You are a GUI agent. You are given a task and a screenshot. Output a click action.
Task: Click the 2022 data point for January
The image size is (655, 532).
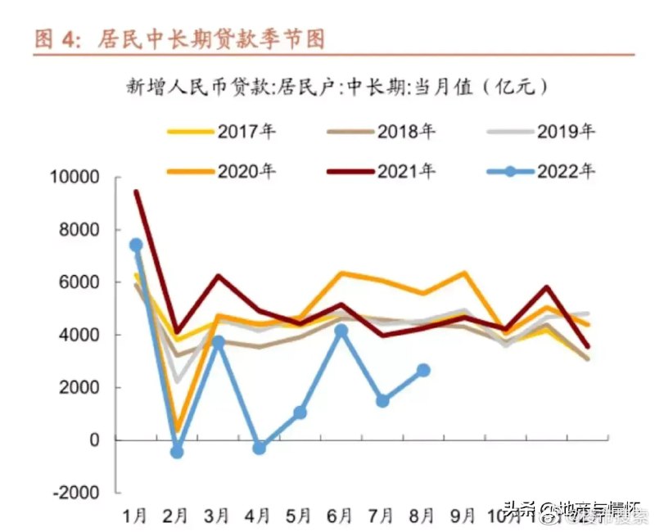(x=136, y=245)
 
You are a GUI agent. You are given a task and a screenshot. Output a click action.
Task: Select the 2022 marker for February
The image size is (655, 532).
(x=177, y=452)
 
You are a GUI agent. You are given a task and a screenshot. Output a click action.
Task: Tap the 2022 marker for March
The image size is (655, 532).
(x=218, y=341)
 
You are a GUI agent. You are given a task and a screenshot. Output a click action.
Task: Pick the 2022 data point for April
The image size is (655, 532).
(x=260, y=448)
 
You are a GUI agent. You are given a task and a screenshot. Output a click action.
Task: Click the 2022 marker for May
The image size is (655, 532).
(x=300, y=413)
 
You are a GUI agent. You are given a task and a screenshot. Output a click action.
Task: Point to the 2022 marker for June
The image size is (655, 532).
(x=341, y=331)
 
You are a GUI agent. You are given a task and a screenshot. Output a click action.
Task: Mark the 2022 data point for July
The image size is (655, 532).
(x=382, y=400)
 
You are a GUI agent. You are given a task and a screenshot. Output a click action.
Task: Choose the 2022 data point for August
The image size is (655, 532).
(x=423, y=370)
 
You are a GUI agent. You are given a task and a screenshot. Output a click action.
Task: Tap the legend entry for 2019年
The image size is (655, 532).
(x=540, y=131)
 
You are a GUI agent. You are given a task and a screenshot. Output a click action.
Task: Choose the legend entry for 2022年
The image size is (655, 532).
(x=540, y=171)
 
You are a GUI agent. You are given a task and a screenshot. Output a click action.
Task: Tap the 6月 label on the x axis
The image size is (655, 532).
(x=340, y=516)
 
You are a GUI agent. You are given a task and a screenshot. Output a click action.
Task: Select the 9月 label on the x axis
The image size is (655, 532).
(x=463, y=516)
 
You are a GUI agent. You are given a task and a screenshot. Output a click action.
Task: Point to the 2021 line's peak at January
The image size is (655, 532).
(x=136, y=192)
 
